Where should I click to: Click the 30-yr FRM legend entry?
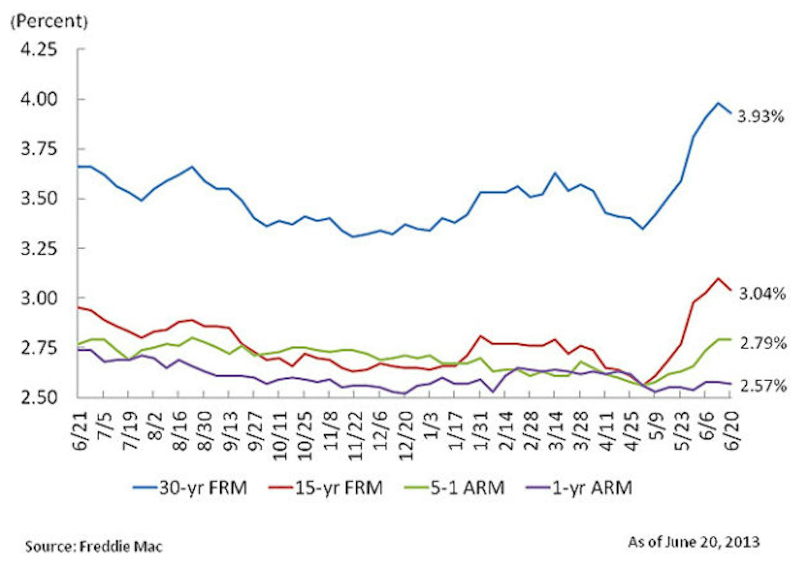click(x=190, y=487)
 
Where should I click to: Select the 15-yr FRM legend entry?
click(x=326, y=487)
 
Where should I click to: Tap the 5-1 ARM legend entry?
click(x=455, y=487)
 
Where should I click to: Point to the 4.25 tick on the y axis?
click(x=39, y=49)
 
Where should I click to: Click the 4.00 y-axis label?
click(x=39, y=99)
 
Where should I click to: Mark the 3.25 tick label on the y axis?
click(x=39, y=248)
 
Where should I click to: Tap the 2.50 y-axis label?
click(x=39, y=397)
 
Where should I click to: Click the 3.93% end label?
click(x=760, y=116)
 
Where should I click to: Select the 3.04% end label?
click(x=762, y=294)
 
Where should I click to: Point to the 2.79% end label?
click(x=763, y=343)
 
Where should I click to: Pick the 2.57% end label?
click(x=763, y=386)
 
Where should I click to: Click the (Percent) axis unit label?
click(x=49, y=21)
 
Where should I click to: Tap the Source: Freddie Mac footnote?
click(x=94, y=547)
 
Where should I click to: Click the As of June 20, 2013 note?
click(x=694, y=542)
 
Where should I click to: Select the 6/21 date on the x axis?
click(x=80, y=430)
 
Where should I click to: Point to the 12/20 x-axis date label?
click(x=406, y=436)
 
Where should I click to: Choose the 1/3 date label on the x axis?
click(x=431, y=426)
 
